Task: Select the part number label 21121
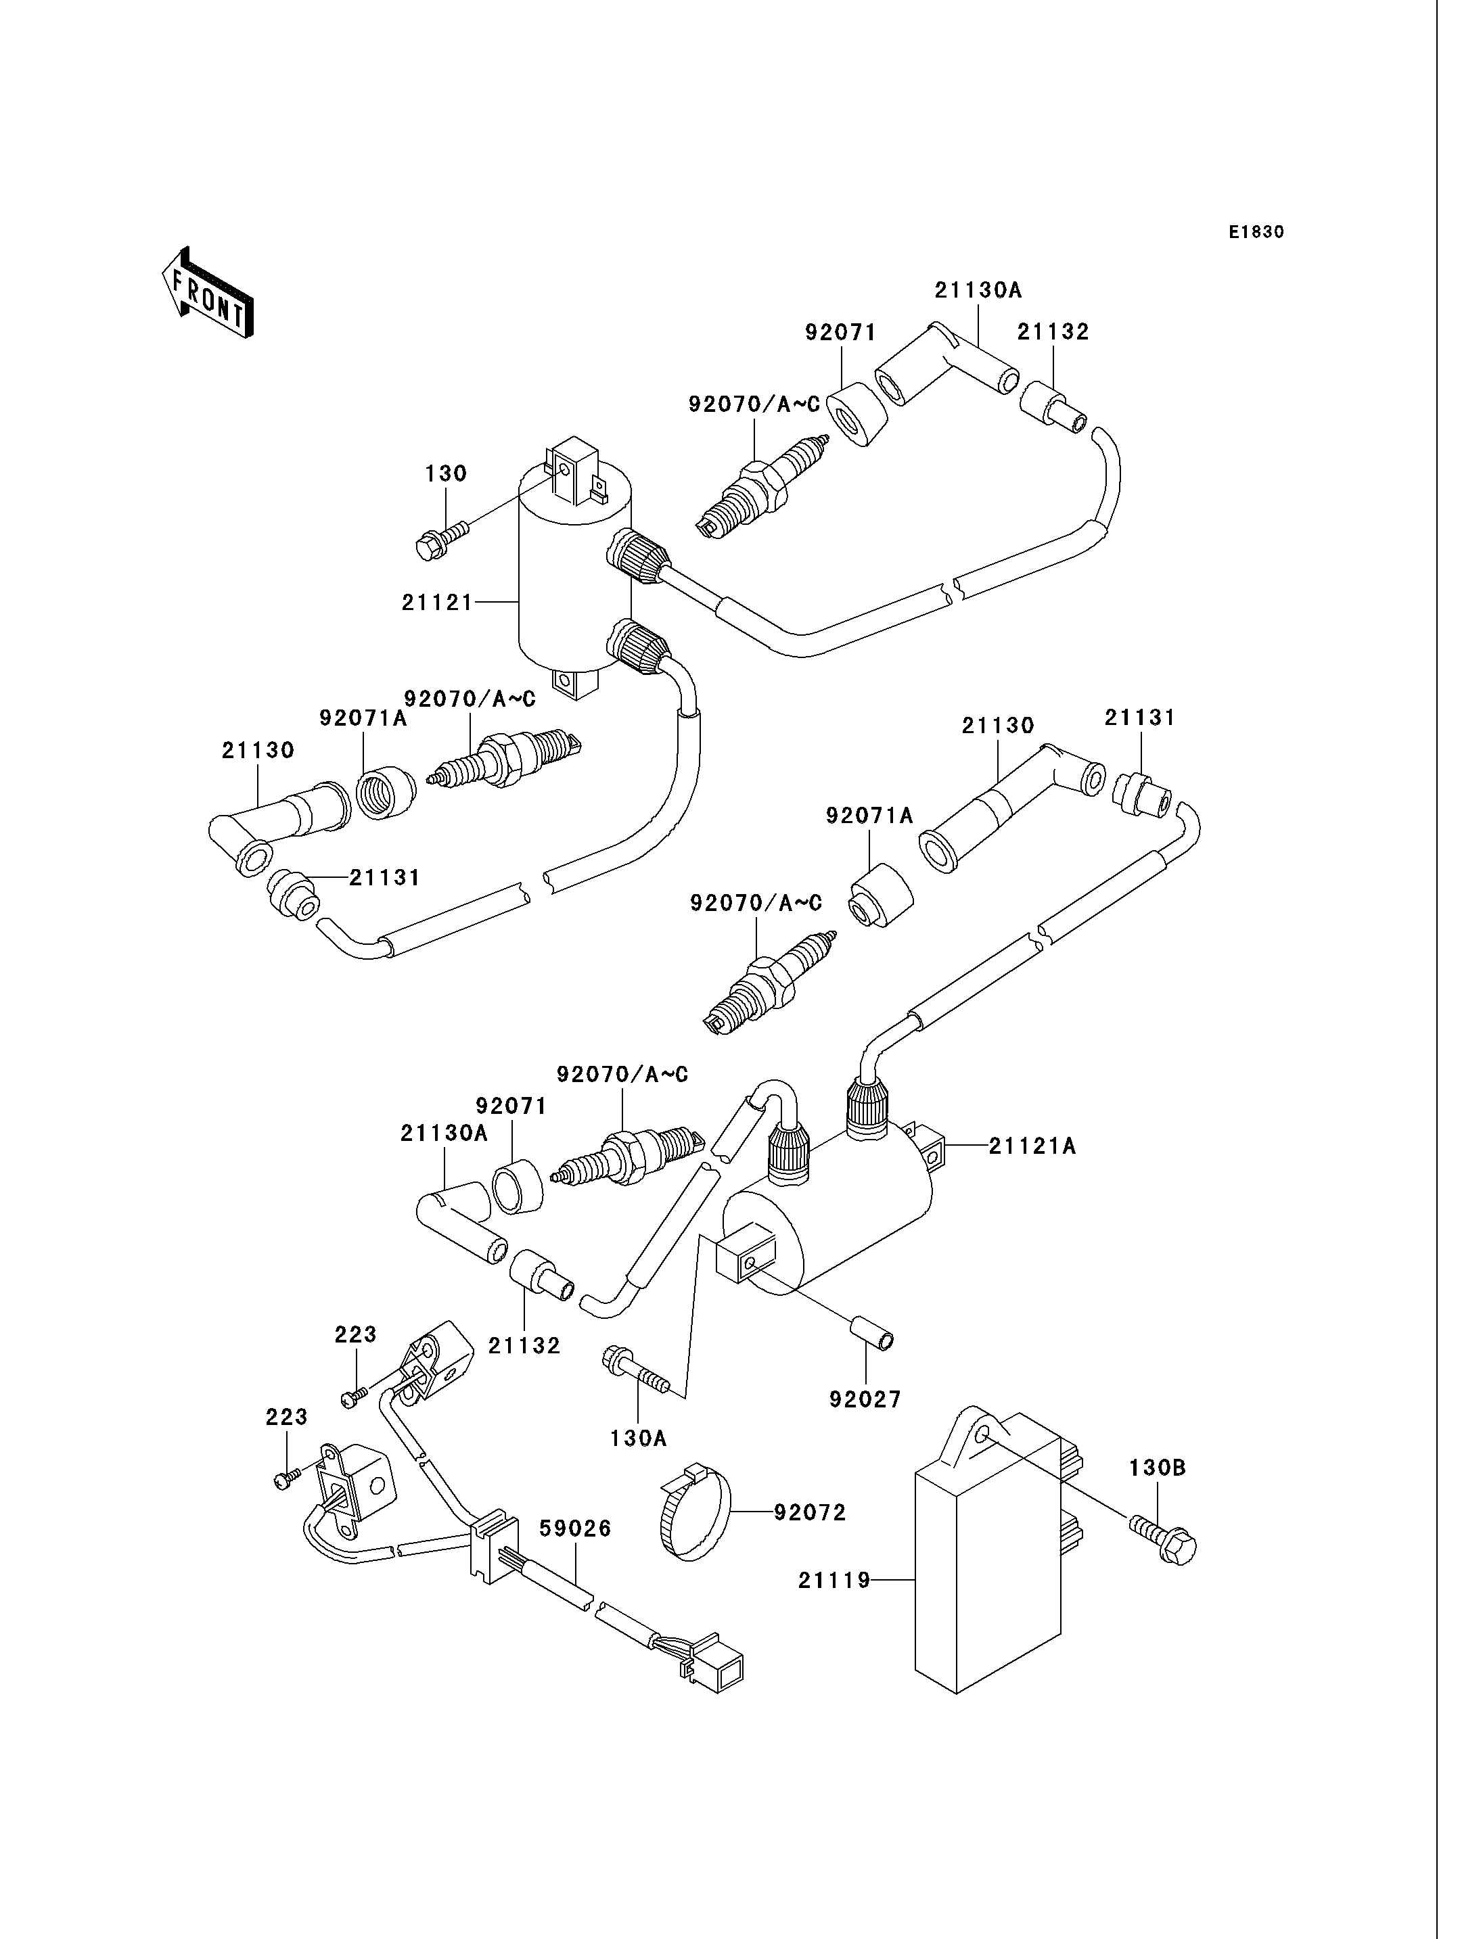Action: point(438,602)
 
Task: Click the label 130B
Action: point(1158,1468)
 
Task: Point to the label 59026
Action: point(576,1528)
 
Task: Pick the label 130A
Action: point(638,1439)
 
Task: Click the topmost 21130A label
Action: point(978,289)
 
